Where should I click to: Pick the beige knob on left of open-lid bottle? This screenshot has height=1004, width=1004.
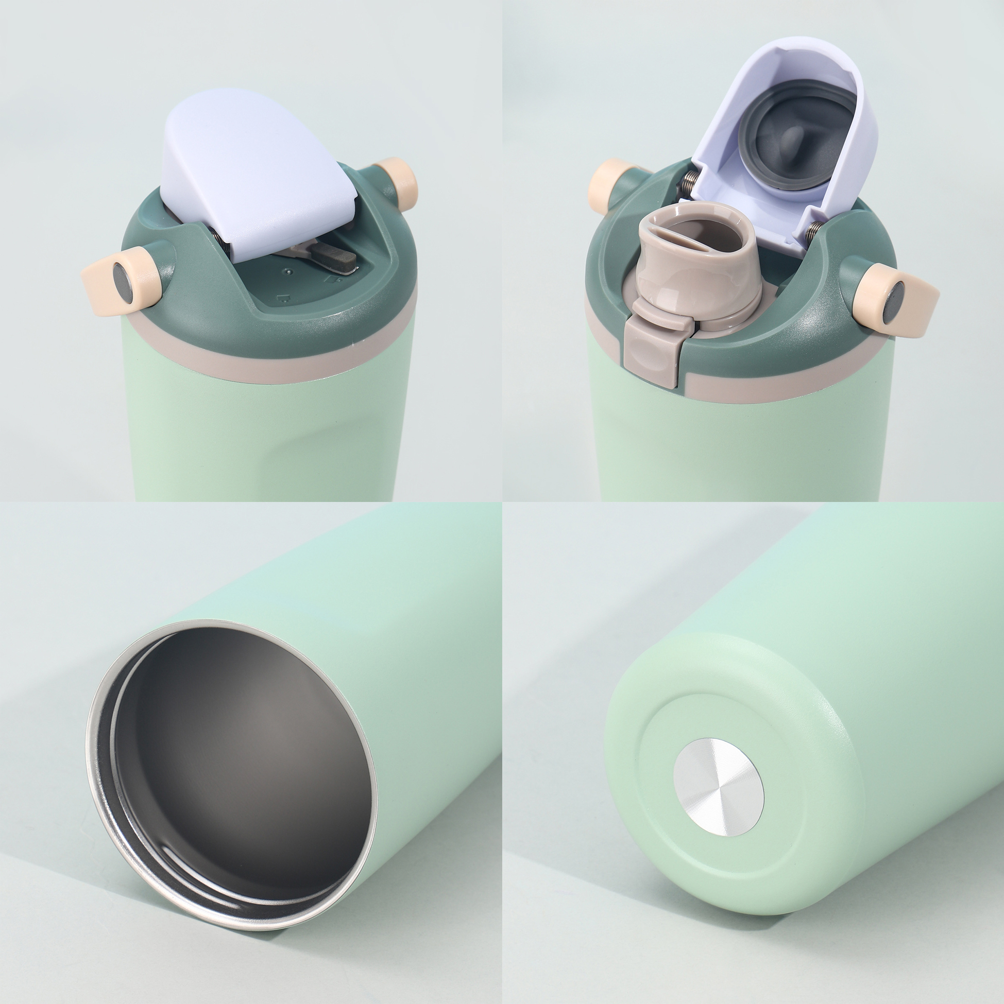611,182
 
